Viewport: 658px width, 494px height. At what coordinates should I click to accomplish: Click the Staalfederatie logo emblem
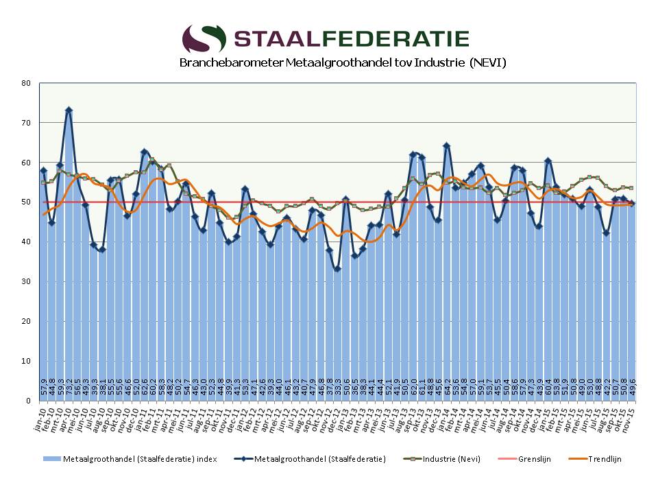(204, 38)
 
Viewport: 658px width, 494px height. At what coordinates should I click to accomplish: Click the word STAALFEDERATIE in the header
(352, 38)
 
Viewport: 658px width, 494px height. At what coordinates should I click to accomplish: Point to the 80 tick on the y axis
(27, 83)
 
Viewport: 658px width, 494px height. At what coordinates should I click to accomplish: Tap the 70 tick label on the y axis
(27, 123)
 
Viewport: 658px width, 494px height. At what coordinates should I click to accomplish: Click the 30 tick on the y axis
(27, 282)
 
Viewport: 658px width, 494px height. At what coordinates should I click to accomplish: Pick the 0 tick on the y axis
(29, 401)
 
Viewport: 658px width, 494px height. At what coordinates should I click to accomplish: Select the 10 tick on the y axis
(27, 361)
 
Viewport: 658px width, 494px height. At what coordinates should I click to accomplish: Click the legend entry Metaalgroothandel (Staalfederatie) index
(130, 459)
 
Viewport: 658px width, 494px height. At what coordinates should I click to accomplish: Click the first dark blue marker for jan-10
(43, 170)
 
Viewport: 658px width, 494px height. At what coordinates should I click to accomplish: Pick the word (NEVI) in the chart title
(488, 63)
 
